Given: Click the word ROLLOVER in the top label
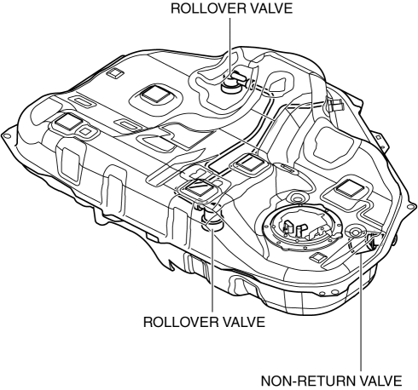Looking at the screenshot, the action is (205, 9).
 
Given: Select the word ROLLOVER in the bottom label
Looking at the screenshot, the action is (177, 322).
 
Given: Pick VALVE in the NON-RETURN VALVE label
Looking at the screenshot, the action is (377, 381).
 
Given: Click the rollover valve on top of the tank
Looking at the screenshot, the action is (233, 83).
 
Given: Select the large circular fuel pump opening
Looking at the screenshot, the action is (303, 228).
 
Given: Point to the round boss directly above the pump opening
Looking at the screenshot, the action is (297, 198).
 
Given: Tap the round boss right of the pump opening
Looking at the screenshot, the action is (355, 232).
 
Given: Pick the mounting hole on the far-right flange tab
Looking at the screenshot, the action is (410, 206).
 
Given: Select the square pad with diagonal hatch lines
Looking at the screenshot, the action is (200, 187).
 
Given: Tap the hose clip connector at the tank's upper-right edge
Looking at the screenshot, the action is (334, 105).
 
